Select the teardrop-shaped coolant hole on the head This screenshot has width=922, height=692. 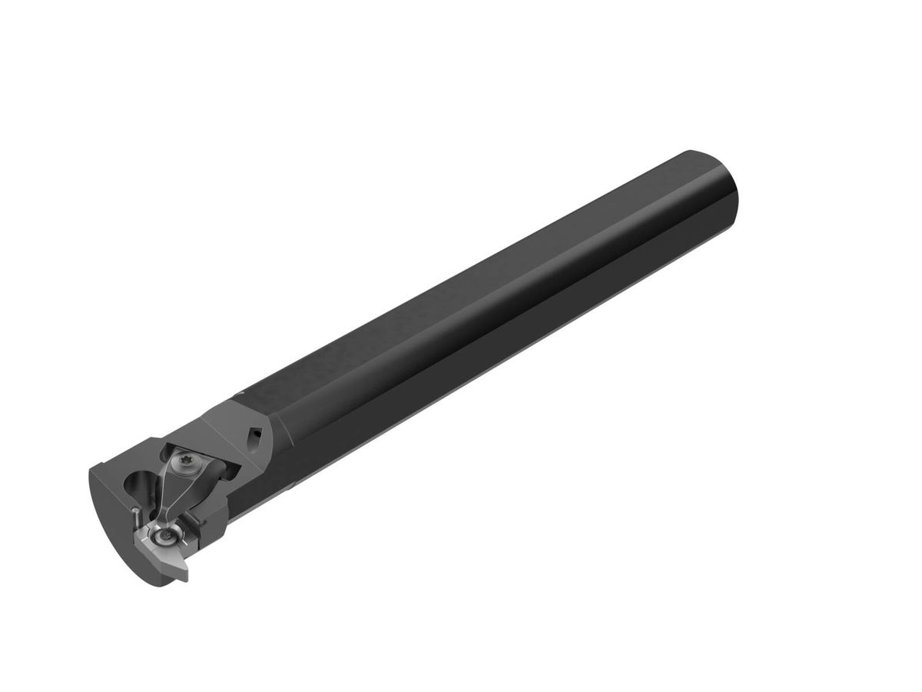click(x=255, y=435)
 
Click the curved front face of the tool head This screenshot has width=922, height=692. click(x=115, y=538)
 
